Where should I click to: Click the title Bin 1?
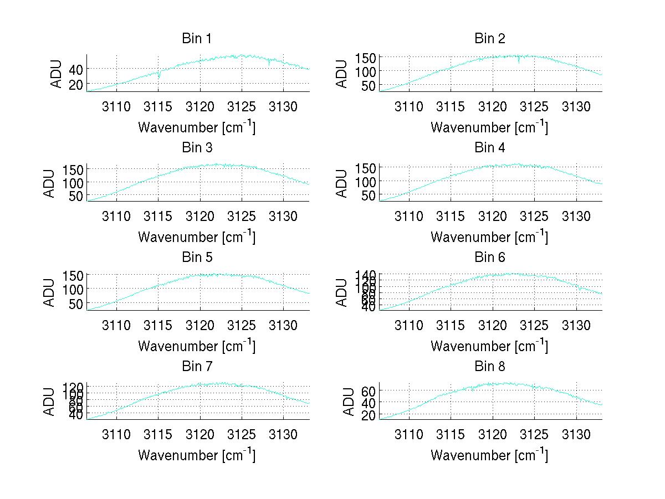tap(197, 39)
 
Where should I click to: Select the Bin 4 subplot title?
tap(490, 148)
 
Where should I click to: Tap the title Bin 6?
tap(490, 258)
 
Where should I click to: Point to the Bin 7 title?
tap(197, 367)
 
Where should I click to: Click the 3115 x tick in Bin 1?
tap(158, 106)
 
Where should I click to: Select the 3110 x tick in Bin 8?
tap(409, 434)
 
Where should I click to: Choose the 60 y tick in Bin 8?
tap(370, 392)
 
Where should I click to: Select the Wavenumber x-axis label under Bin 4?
tap(489, 237)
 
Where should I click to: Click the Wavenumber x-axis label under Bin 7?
tap(197, 455)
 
